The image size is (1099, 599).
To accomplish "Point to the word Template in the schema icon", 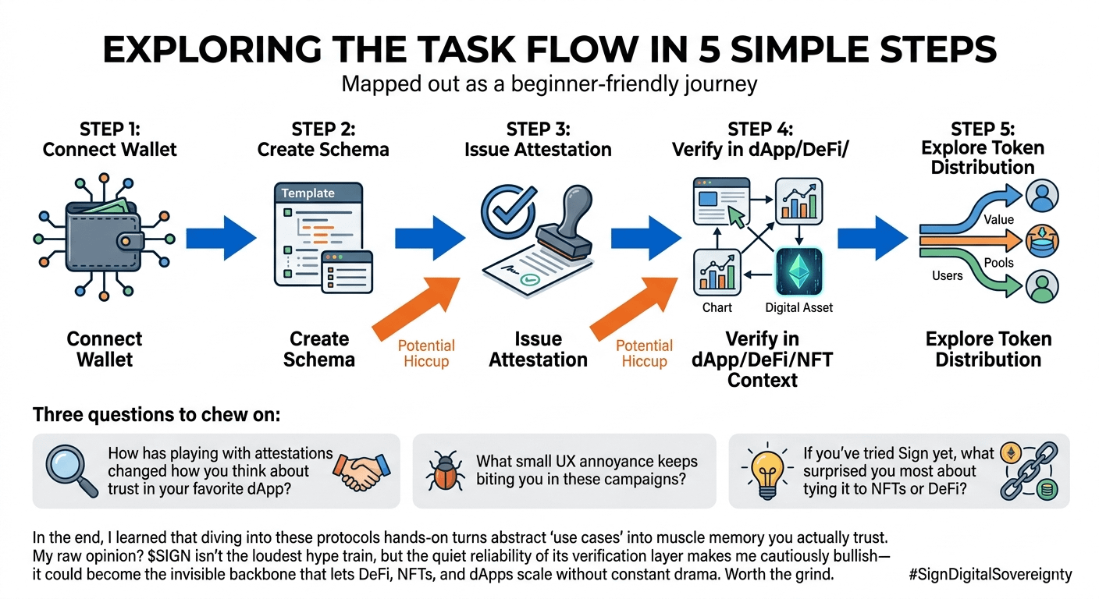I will tap(308, 193).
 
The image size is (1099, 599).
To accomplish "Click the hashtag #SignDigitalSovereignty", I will tap(991, 575).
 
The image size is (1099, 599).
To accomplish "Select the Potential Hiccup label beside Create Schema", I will tap(426, 353).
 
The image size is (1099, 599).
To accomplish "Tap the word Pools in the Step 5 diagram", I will tap(998, 263).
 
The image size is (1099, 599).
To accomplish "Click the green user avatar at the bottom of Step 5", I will tap(1042, 285).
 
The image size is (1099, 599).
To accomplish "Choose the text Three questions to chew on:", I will tap(156, 415).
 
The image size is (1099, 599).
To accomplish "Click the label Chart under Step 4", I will tap(717, 307).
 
